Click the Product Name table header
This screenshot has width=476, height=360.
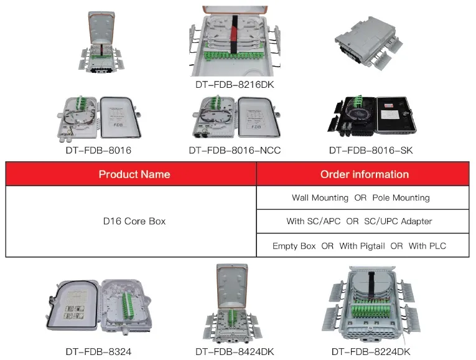[x=134, y=174]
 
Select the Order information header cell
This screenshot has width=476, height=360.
[x=364, y=174]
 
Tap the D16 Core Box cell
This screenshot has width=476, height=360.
[x=134, y=221]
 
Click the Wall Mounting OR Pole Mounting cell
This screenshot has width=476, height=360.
[x=360, y=197]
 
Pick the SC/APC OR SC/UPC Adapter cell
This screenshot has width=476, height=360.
[x=360, y=221]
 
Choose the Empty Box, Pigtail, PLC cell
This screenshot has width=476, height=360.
[x=360, y=245]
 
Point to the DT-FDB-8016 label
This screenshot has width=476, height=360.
[x=98, y=150]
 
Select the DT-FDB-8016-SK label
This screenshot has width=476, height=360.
[x=370, y=150]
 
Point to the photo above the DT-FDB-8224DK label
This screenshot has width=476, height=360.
[x=371, y=305]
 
